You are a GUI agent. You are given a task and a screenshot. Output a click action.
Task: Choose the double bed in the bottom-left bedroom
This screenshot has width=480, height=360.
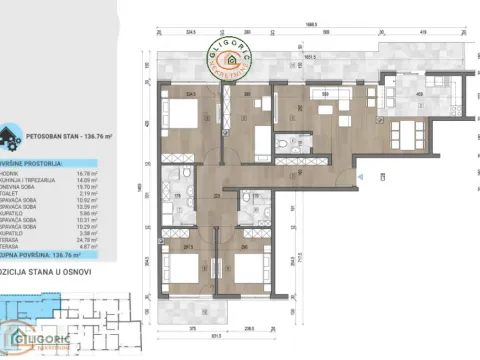coord(179,270)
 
